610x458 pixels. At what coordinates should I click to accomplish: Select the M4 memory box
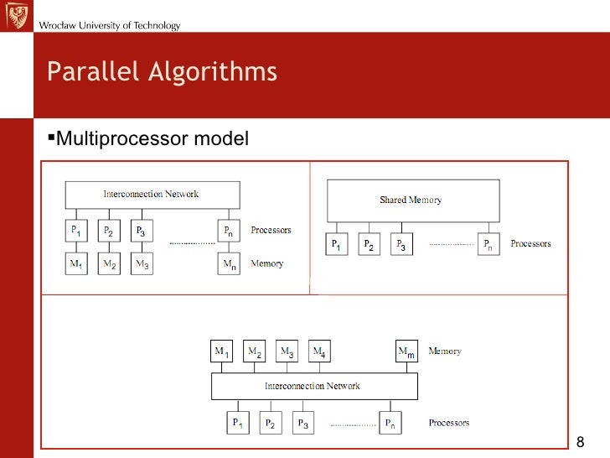coord(319,352)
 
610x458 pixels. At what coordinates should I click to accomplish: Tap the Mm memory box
coord(406,352)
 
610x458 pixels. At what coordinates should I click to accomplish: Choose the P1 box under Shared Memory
coord(335,244)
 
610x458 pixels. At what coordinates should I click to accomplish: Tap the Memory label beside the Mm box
coord(444,351)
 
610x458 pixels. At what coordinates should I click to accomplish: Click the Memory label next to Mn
coord(267,264)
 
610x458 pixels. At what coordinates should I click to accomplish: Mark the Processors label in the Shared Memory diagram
coord(530,244)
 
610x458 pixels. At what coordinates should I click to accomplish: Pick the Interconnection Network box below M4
coord(313,387)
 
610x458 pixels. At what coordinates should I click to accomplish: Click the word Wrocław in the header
coord(57,26)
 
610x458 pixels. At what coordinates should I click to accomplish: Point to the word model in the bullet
coord(221,136)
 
